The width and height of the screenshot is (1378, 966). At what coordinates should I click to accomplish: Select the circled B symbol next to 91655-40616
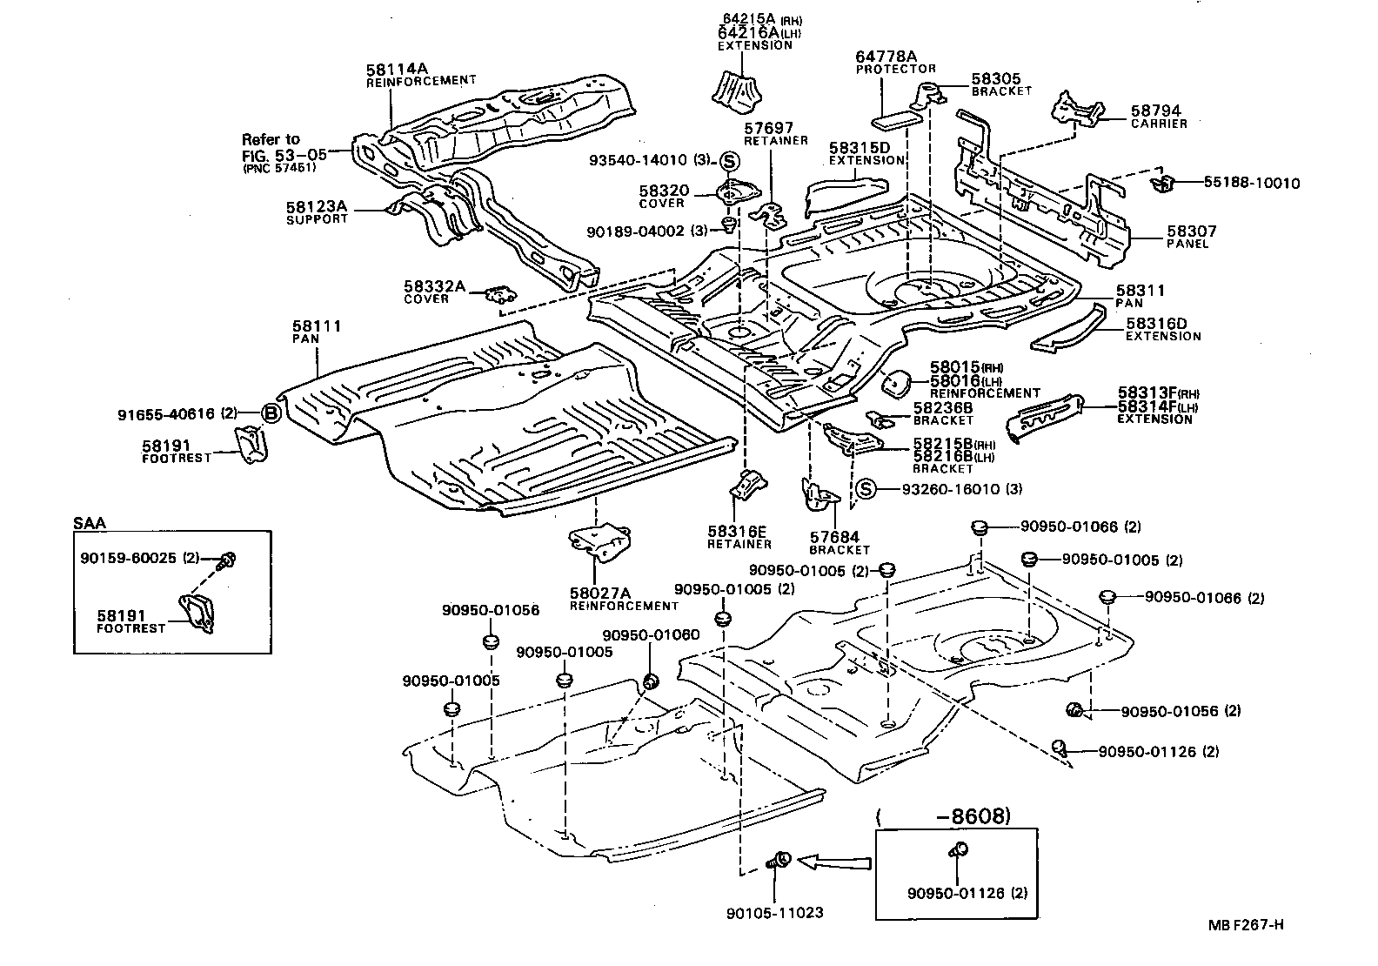(x=271, y=414)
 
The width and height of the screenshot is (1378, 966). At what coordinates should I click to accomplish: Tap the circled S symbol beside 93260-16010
(x=866, y=489)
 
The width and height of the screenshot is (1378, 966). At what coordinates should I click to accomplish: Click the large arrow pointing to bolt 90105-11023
(x=833, y=862)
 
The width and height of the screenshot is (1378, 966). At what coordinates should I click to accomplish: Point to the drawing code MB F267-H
(x=1245, y=924)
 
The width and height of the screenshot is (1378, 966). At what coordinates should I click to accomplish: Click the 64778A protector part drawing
(x=900, y=110)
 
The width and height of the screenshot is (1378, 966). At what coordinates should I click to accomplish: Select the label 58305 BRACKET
(x=1000, y=84)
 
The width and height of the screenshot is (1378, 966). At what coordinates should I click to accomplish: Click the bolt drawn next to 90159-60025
(x=229, y=560)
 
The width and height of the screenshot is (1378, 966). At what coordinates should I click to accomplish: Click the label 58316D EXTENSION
(x=1161, y=329)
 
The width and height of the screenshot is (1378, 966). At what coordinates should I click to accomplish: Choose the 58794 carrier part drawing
(x=1076, y=109)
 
